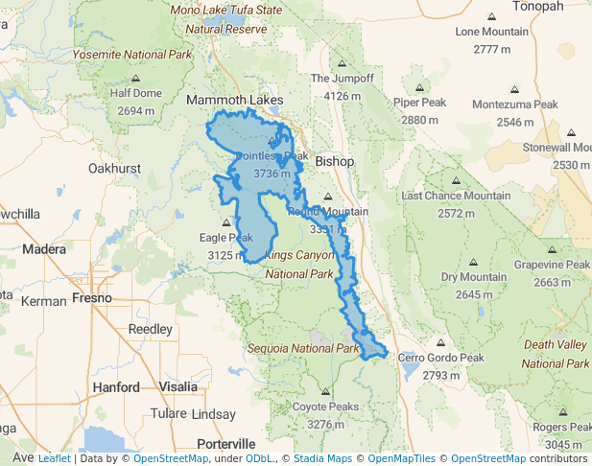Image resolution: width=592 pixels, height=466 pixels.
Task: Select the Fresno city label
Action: tap(92, 298)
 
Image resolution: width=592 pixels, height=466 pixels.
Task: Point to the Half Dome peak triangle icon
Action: tap(135, 79)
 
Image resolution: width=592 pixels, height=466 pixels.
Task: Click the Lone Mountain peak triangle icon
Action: tap(491, 17)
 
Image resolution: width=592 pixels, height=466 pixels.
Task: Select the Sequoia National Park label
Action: tap(302, 348)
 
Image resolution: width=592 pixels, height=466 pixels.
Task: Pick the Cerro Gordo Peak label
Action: tap(441, 358)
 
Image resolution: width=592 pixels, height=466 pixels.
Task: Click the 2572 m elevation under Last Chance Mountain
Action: tap(456, 213)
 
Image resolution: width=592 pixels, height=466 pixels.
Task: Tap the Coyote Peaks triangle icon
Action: tap(325, 392)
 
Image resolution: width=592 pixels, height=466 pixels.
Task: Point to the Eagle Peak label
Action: tap(225, 237)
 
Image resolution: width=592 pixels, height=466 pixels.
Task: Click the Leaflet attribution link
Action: tap(54, 458)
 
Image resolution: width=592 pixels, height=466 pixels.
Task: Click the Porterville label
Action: tap(225, 444)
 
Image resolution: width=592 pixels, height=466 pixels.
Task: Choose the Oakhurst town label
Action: tap(114, 168)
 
